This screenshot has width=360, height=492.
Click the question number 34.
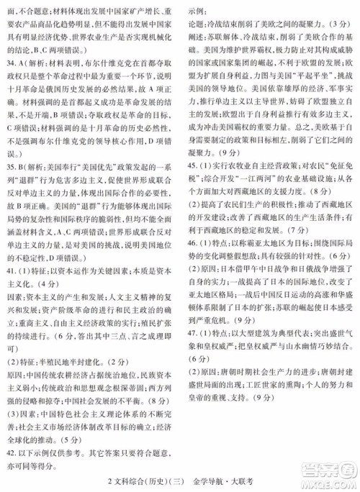coord(12,63)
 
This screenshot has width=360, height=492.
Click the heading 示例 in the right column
coord(194,13)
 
